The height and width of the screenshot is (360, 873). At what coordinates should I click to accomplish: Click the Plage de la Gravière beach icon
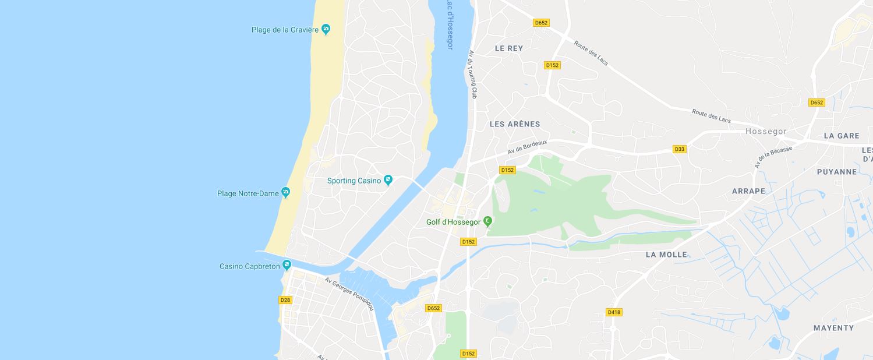pyautogui.click(x=326, y=29)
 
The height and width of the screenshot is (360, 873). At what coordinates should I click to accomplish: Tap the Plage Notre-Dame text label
pyautogui.click(x=248, y=193)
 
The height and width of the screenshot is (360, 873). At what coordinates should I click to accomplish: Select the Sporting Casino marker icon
pyautogui.click(x=388, y=181)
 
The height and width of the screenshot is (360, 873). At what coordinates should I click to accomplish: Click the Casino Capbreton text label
pyautogui.click(x=250, y=266)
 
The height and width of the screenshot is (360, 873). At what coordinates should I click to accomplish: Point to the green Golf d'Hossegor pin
pyautogui.click(x=488, y=221)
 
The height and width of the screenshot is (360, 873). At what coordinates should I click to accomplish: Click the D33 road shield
pyautogui.click(x=679, y=149)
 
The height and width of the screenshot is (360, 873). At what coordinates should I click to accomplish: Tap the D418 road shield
pyautogui.click(x=614, y=312)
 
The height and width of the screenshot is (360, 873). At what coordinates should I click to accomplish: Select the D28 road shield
pyautogui.click(x=285, y=300)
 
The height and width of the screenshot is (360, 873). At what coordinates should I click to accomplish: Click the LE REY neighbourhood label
pyautogui.click(x=509, y=48)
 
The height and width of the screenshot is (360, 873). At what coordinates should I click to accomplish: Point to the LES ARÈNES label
pyautogui.click(x=515, y=124)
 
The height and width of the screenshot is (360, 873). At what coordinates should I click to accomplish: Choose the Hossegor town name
pyautogui.click(x=766, y=132)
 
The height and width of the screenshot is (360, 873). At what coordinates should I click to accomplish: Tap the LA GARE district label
pyautogui.click(x=842, y=136)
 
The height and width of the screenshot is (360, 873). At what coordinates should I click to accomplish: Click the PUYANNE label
pyautogui.click(x=837, y=172)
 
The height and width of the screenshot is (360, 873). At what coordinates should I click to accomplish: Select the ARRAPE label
pyautogui.click(x=748, y=191)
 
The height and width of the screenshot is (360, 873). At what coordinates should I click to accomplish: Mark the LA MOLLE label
pyautogui.click(x=666, y=255)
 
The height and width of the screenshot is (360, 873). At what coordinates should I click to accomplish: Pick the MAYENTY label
pyautogui.click(x=833, y=328)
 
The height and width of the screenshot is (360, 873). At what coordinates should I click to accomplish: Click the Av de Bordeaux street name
pyautogui.click(x=528, y=147)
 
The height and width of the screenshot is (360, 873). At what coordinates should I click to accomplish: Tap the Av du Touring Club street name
pyautogui.click(x=473, y=74)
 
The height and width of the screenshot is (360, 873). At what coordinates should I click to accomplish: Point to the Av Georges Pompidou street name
pyautogui.click(x=349, y=293)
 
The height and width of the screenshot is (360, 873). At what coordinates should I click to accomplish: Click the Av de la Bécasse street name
pyautogui.click(x=773, y=157)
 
